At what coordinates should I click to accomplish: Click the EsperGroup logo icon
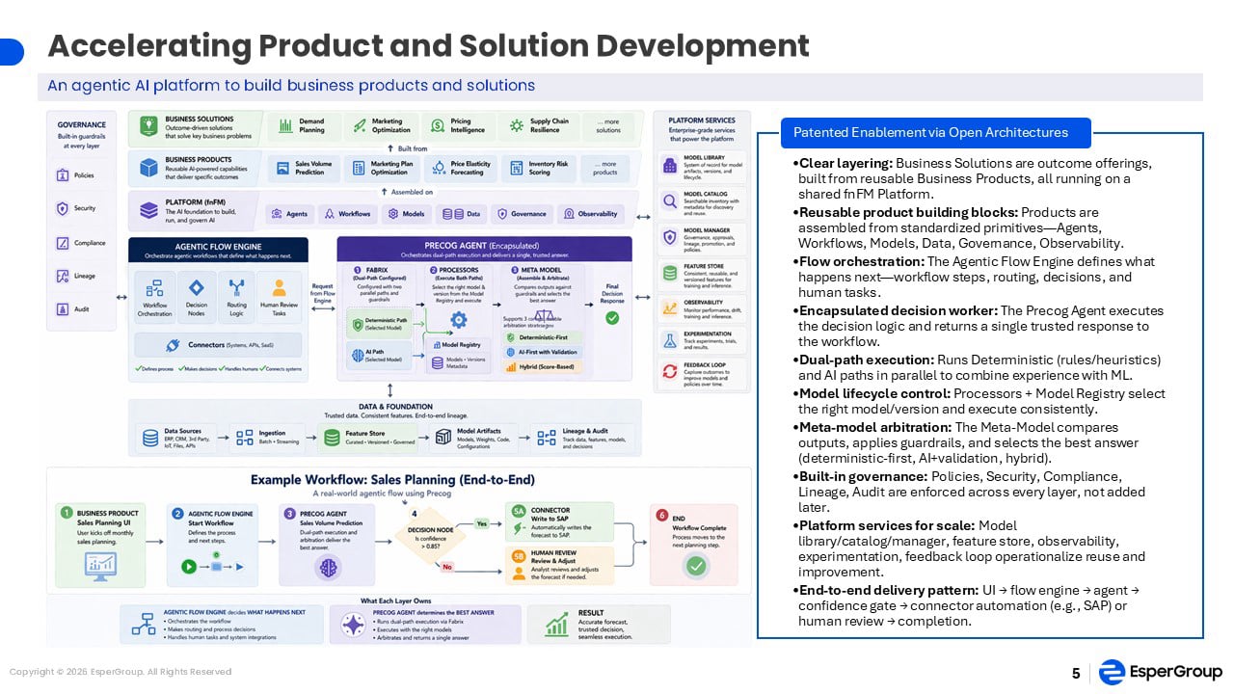tap(1112, 672)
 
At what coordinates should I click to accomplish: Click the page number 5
tap(1076, 673)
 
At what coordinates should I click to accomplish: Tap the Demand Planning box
tap(301, 126)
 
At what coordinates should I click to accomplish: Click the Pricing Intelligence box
tap(455, 126)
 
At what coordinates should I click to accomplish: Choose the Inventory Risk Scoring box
tap(540, 169)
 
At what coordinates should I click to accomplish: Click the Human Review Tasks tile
tap(280, 297)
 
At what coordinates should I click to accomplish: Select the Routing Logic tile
tap(237, 297)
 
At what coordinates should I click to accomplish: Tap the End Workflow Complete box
tap(694, 544)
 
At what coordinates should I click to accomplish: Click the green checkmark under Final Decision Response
tap(611, 317)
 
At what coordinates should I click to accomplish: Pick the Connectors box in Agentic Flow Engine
tap(218, 344)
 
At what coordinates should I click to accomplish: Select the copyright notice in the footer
tap(121, 672)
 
